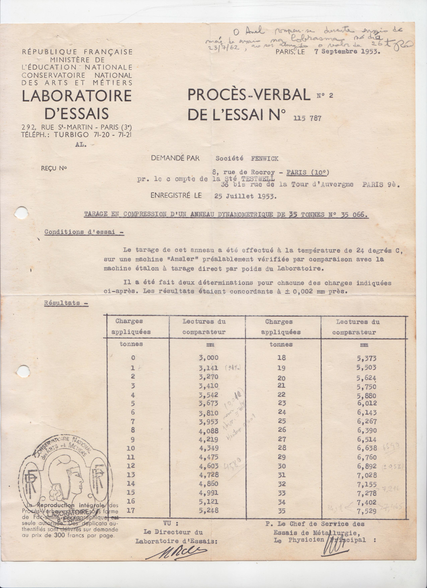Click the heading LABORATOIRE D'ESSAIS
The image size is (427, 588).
[77, 104]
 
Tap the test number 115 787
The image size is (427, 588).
[308, 118]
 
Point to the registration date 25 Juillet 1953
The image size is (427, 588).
[245, 196]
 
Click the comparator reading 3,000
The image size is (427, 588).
[208, 358]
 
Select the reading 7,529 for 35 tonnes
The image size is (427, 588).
[366, 511]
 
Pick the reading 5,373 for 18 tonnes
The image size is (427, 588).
[366, 358]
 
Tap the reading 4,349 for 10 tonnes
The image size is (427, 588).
[208, 448]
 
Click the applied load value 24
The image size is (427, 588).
[281, 412]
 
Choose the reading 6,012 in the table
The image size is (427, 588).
[366, 403]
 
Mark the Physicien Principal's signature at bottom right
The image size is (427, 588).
[335, 547]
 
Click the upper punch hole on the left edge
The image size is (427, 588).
[21, 213]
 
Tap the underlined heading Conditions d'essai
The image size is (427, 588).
[84, 232]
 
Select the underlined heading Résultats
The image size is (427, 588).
[66, 303]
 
